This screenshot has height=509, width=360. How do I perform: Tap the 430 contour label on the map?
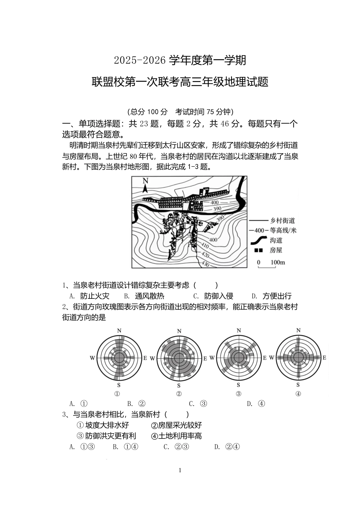[205, 264]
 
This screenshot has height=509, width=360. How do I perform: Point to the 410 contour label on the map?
[200, 245]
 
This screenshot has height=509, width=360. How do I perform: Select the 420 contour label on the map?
[205, 254]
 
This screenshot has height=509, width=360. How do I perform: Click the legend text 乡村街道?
[282, 221]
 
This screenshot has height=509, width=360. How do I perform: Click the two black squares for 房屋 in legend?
[258, 250]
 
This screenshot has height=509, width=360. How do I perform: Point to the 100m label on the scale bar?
[278, 262]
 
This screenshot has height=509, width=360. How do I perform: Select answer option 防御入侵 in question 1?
[219, 296]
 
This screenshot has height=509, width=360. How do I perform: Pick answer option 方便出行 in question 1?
[277, 296]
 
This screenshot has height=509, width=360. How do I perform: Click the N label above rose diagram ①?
[119, 331]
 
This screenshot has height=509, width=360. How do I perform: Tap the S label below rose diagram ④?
[298, 385]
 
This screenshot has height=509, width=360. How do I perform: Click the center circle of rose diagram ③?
[239, 358]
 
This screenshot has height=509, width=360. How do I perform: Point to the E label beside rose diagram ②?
[205, 358]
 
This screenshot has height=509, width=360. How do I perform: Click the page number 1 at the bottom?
[180, 470]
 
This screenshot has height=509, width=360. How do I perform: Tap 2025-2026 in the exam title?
[140, 60]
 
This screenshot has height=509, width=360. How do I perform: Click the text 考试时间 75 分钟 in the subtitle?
[204, 112]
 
